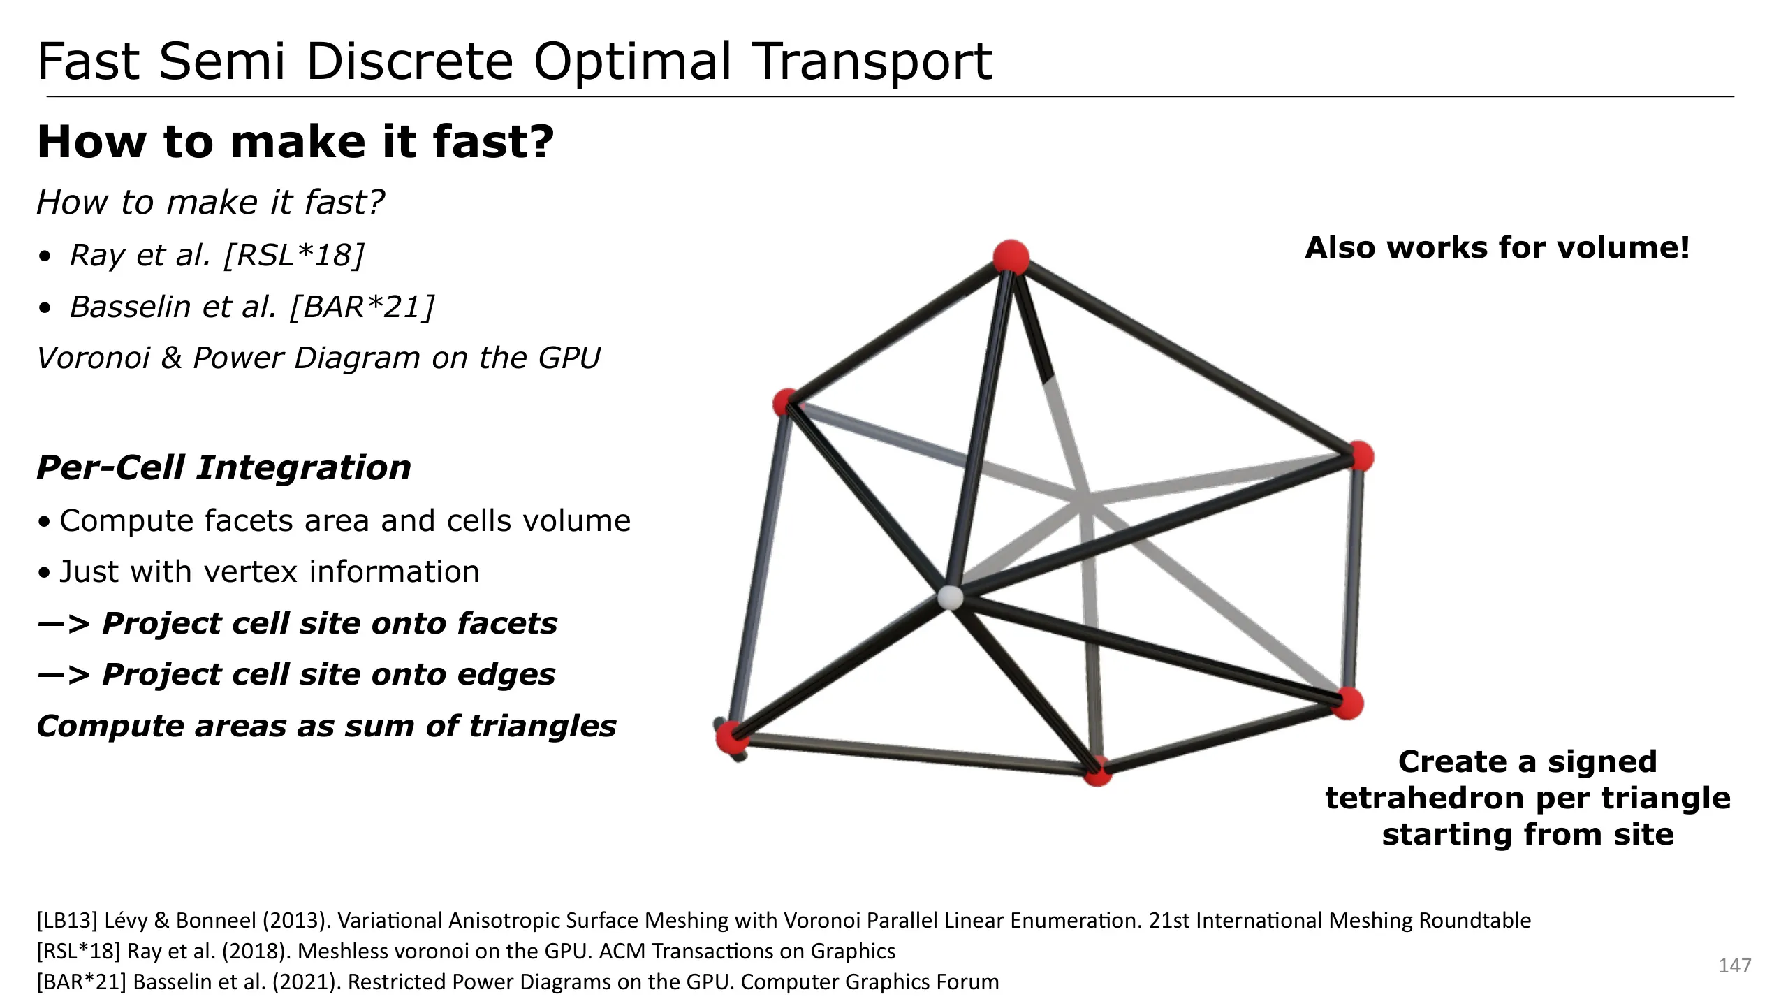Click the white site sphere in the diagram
(x=949, y=598)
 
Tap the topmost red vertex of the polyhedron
(x=1011, y=257)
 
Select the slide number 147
(x=1734, y=965)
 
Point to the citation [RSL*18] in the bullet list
(x=294, y=255)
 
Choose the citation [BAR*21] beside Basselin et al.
(x=362, y=307)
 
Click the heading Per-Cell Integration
(x=223, y=467)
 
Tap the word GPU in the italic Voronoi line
(x=569, y=358)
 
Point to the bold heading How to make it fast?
(x=295, y=142)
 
